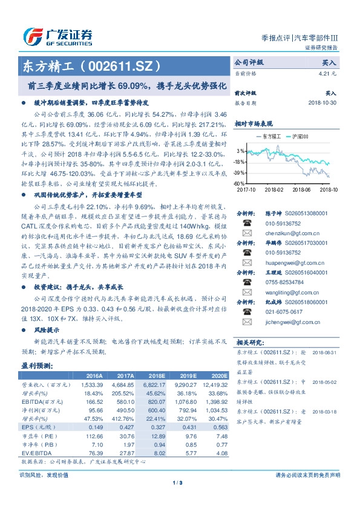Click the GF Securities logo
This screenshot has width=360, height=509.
(57, 36)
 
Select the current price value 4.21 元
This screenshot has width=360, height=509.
(327, 73)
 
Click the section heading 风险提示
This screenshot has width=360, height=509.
(47, 330)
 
